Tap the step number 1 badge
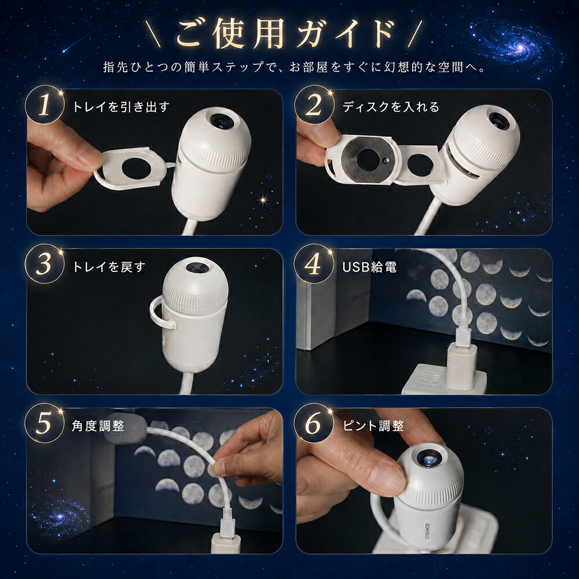45,105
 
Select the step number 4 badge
314,265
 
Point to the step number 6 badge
314,424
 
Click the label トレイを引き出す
121,107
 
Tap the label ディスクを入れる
391,107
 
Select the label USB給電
369,266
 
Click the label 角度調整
98,426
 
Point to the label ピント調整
373,426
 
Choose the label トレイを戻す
109,266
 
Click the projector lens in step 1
221,121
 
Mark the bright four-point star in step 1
263,200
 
